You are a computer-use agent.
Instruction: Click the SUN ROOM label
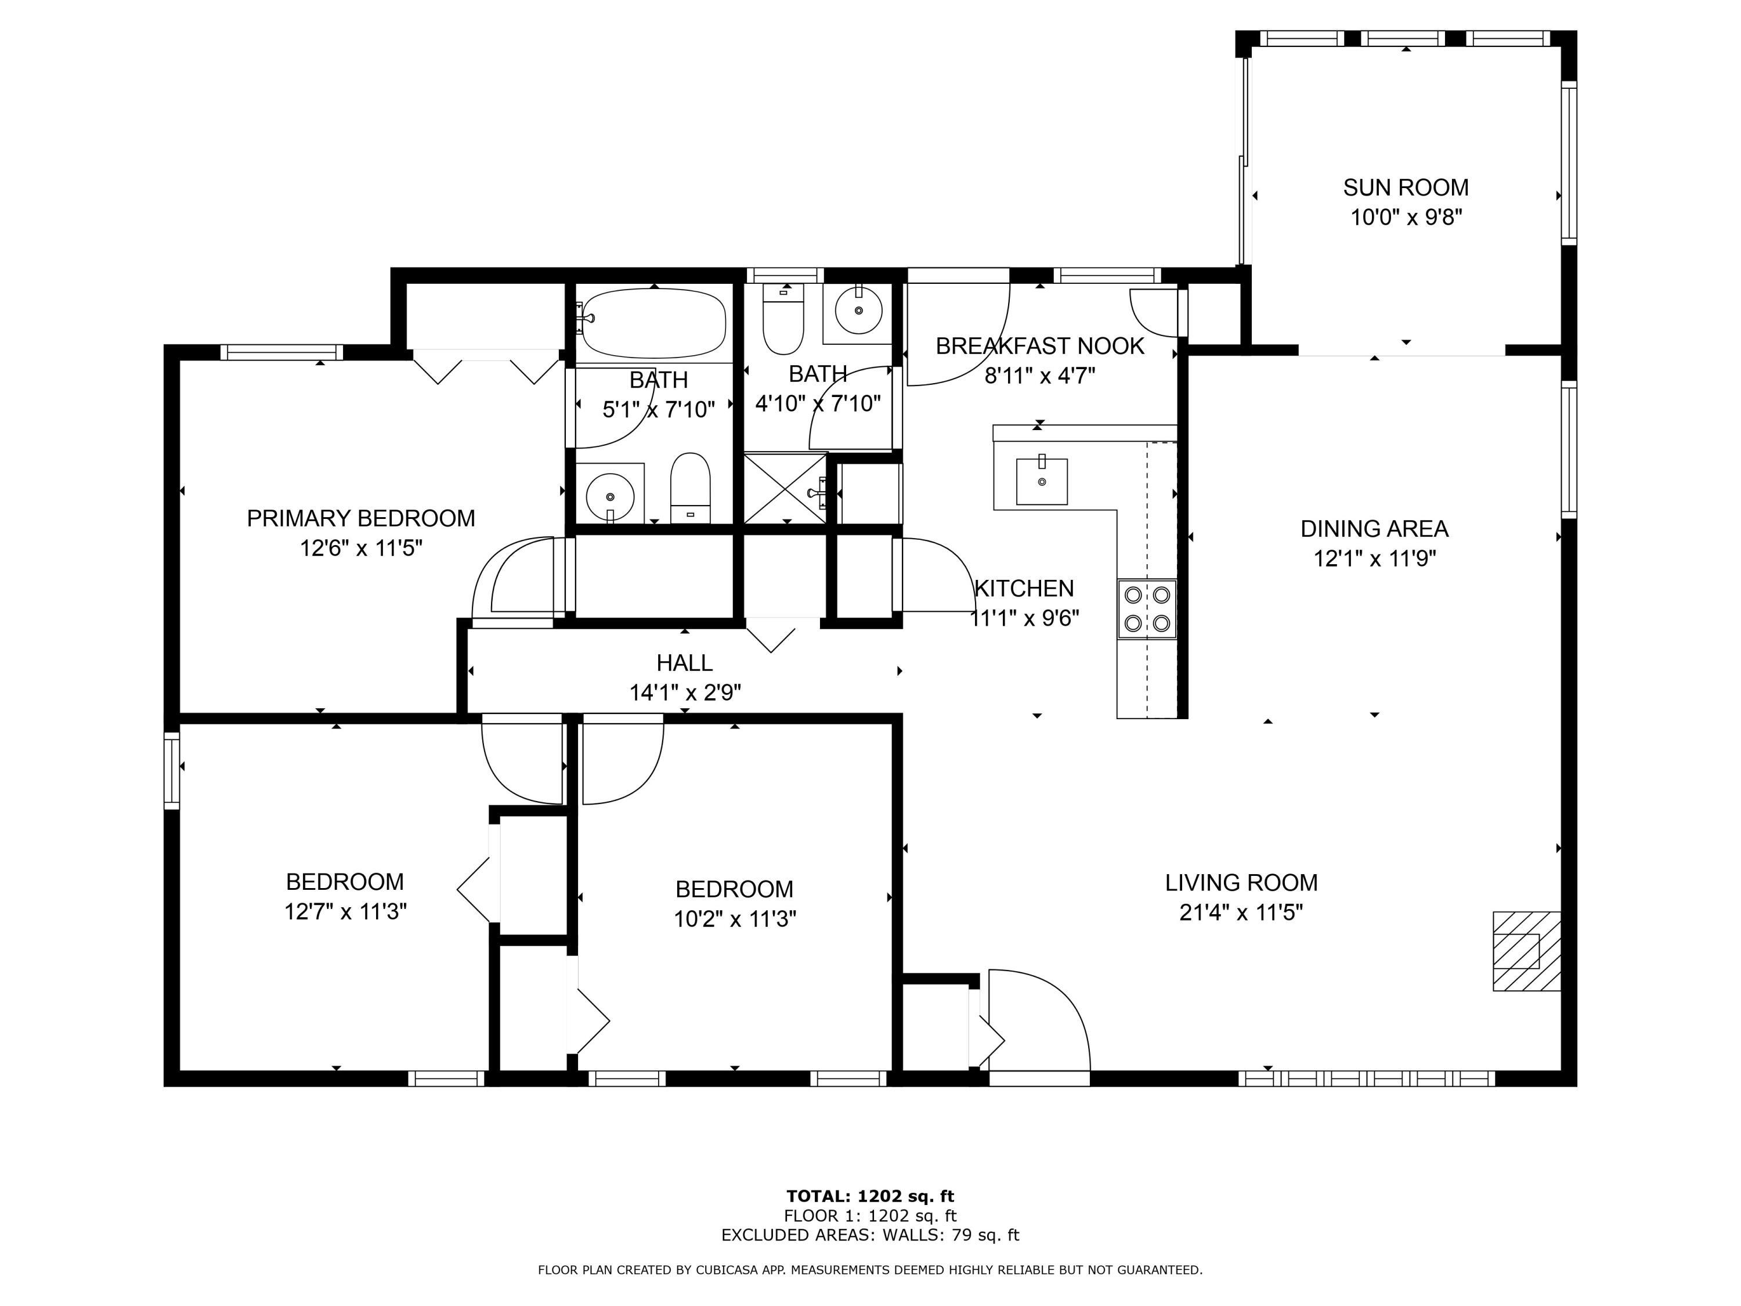coord(1405,187)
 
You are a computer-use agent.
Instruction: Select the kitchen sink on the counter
coord(1041,481)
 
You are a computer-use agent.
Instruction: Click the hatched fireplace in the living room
coord(1526,950)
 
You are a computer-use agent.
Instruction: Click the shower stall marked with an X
coord(785,488)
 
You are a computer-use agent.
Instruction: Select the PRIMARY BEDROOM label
coord(360,518)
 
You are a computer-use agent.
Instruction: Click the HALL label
coord(684,663)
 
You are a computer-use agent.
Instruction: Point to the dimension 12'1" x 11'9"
coord(1374,559)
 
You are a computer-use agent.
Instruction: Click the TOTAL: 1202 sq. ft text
coord(870,1196)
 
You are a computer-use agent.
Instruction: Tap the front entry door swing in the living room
coord(1038,1022)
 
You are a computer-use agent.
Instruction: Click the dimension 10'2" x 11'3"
coord(734,919)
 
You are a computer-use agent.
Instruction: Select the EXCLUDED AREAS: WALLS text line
coord(870,1235)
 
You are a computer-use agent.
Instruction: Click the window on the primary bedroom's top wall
coord(281,352)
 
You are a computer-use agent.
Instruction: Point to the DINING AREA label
coord(1374,528)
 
